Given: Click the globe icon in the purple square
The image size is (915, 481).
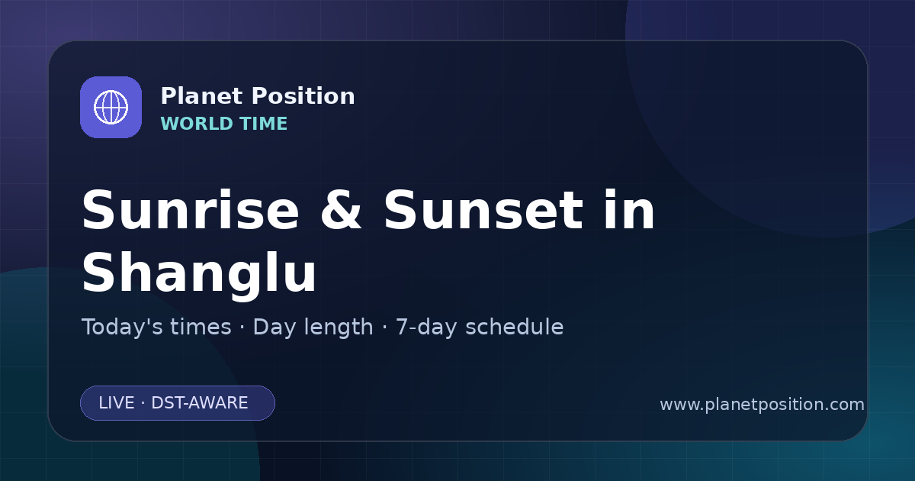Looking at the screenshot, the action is (x=111, y=107).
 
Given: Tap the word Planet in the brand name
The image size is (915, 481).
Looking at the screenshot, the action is (x=202, y=96).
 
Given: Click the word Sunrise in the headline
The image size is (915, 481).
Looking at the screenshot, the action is (x=191, y=211).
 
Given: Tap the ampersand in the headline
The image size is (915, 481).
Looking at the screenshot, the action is (x=341, y=211).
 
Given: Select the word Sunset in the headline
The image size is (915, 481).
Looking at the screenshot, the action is (x=483, y=211).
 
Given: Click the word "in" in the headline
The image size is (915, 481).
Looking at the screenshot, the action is (x=630, y=210).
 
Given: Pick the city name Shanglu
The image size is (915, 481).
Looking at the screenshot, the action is (x=199, y=273).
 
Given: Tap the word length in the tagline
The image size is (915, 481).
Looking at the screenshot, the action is (x=335, y=328).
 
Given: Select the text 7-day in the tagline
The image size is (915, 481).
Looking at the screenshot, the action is (x=426, y=328).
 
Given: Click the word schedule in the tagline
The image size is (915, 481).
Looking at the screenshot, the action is (x=515, y=327).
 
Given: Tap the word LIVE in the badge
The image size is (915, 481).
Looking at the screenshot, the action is (x=117, y=403).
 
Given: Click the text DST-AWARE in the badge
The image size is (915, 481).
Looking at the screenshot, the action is (x=199, y=403).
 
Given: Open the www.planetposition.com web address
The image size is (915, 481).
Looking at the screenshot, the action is (x=762, y=405).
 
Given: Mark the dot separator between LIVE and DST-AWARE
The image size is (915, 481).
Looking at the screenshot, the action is (x=143, y=403).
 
